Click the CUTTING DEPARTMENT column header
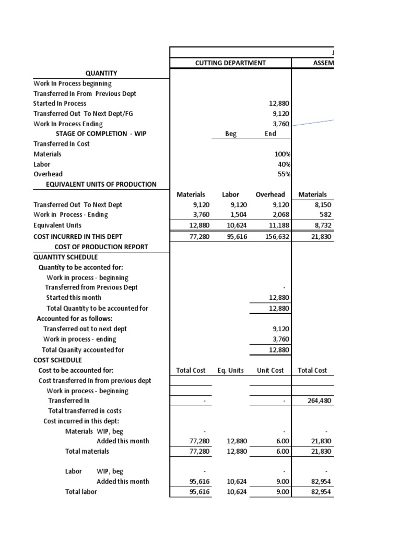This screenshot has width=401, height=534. tap(230, 63)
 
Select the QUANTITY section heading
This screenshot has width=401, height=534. tap(101, 73)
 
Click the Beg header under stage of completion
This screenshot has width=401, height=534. tap(231, 133)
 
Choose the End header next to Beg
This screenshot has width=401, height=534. tap(270, 133)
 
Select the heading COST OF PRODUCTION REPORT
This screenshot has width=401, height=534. tap(101, 247)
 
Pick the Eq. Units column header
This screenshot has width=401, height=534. tap(231, 370)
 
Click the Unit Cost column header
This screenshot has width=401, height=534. tap(270, 370)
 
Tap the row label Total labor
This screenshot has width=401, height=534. tap(81, 491)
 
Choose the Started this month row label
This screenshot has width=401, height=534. tap(74, 297)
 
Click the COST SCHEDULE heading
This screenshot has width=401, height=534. tap(57, 360)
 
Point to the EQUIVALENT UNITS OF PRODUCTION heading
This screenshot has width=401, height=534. tap(101, 184)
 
